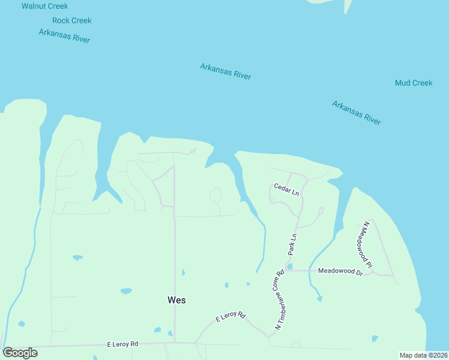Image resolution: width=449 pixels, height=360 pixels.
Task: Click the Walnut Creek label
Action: click(x=45, y=6)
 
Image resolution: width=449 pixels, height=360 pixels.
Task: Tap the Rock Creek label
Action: click(x=72, y=20)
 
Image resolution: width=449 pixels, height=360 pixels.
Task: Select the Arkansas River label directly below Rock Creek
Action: click(x=64, y=36)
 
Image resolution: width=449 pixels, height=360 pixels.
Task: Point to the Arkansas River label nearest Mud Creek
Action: click(x=357, y=113)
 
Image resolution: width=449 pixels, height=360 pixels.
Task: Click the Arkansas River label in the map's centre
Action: click(x=226, y=71)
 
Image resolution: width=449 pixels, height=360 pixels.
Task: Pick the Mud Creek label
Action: click(x=414, y=83)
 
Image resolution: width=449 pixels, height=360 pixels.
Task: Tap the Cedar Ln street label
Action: click(x=286, y=190)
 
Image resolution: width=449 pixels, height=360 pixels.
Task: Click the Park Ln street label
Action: click(x=293, y=247)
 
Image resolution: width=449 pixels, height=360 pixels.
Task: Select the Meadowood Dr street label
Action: click(x=340, y=272)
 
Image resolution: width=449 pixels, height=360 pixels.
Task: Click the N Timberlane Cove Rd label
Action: click(x=280, y=299)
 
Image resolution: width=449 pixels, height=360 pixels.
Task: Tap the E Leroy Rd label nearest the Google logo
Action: click(x=122, y=344)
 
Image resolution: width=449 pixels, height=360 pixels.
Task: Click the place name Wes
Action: click(x=176, y=300)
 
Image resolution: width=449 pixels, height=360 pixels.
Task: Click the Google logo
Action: click(x=20, y=353)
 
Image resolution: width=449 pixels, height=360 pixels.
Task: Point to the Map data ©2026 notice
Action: click(x=423, y=355)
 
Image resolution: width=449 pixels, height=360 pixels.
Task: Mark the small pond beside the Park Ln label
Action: click(x=290, y=266)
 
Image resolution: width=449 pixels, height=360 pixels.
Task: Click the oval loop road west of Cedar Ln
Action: click(x=215, y=196)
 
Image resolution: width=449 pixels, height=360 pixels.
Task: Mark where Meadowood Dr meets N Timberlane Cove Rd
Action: click(x=286, y=271)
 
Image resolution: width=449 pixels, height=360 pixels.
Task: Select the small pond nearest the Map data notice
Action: click(x=375, y=338)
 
